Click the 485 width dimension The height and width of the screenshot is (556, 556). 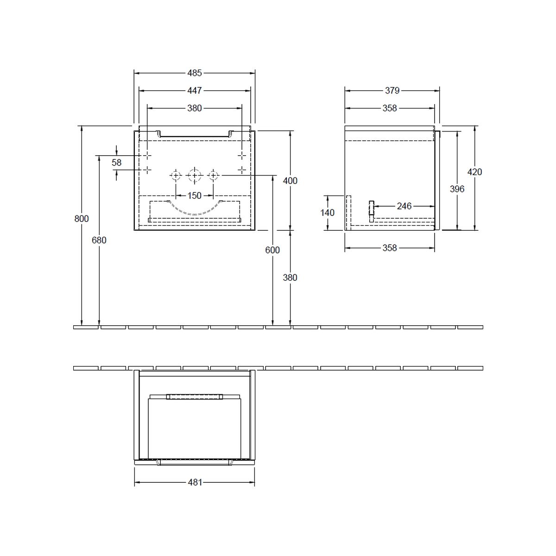195,73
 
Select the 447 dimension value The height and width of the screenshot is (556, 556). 195,91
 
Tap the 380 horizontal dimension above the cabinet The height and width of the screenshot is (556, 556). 195,108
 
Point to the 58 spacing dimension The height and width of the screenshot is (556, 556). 117,163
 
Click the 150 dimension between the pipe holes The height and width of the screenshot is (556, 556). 195,196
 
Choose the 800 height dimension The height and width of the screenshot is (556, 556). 82,219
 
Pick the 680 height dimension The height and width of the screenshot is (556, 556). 99,240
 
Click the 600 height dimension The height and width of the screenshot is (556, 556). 272,250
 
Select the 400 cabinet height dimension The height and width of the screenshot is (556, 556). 290,181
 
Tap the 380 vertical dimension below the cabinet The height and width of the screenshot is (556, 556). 290,278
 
